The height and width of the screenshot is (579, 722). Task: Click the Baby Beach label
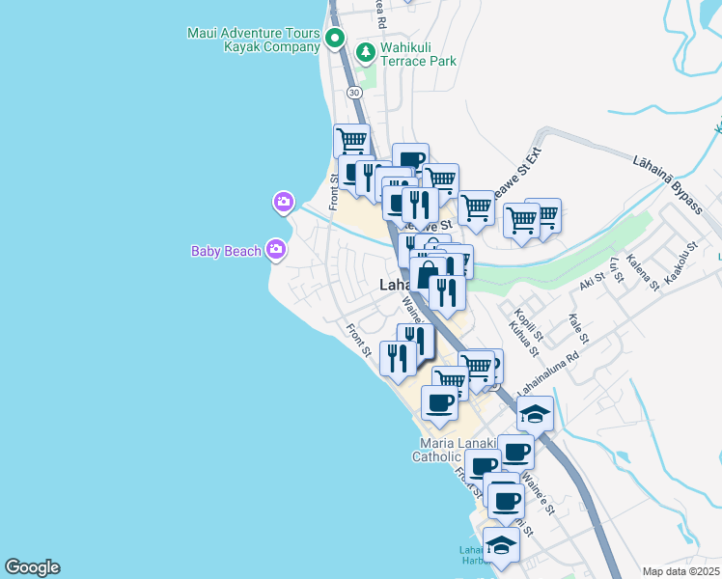(226, 252)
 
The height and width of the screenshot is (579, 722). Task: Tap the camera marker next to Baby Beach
(276, 251)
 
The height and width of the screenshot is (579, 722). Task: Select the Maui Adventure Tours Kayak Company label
(253, 40)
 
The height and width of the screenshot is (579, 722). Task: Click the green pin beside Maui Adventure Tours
(335, 40)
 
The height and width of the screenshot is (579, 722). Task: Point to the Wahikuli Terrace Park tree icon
(367, 52)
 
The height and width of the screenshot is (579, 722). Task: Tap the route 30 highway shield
(355, 92)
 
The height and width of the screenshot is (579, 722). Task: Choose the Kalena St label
(642, 272)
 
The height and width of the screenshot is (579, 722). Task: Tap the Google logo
(32, 567)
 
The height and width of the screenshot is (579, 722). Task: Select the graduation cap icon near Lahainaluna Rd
(535, 415)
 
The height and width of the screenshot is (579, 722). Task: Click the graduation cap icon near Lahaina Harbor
(500, 547)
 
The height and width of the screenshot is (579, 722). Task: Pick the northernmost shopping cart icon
(352, 141)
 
